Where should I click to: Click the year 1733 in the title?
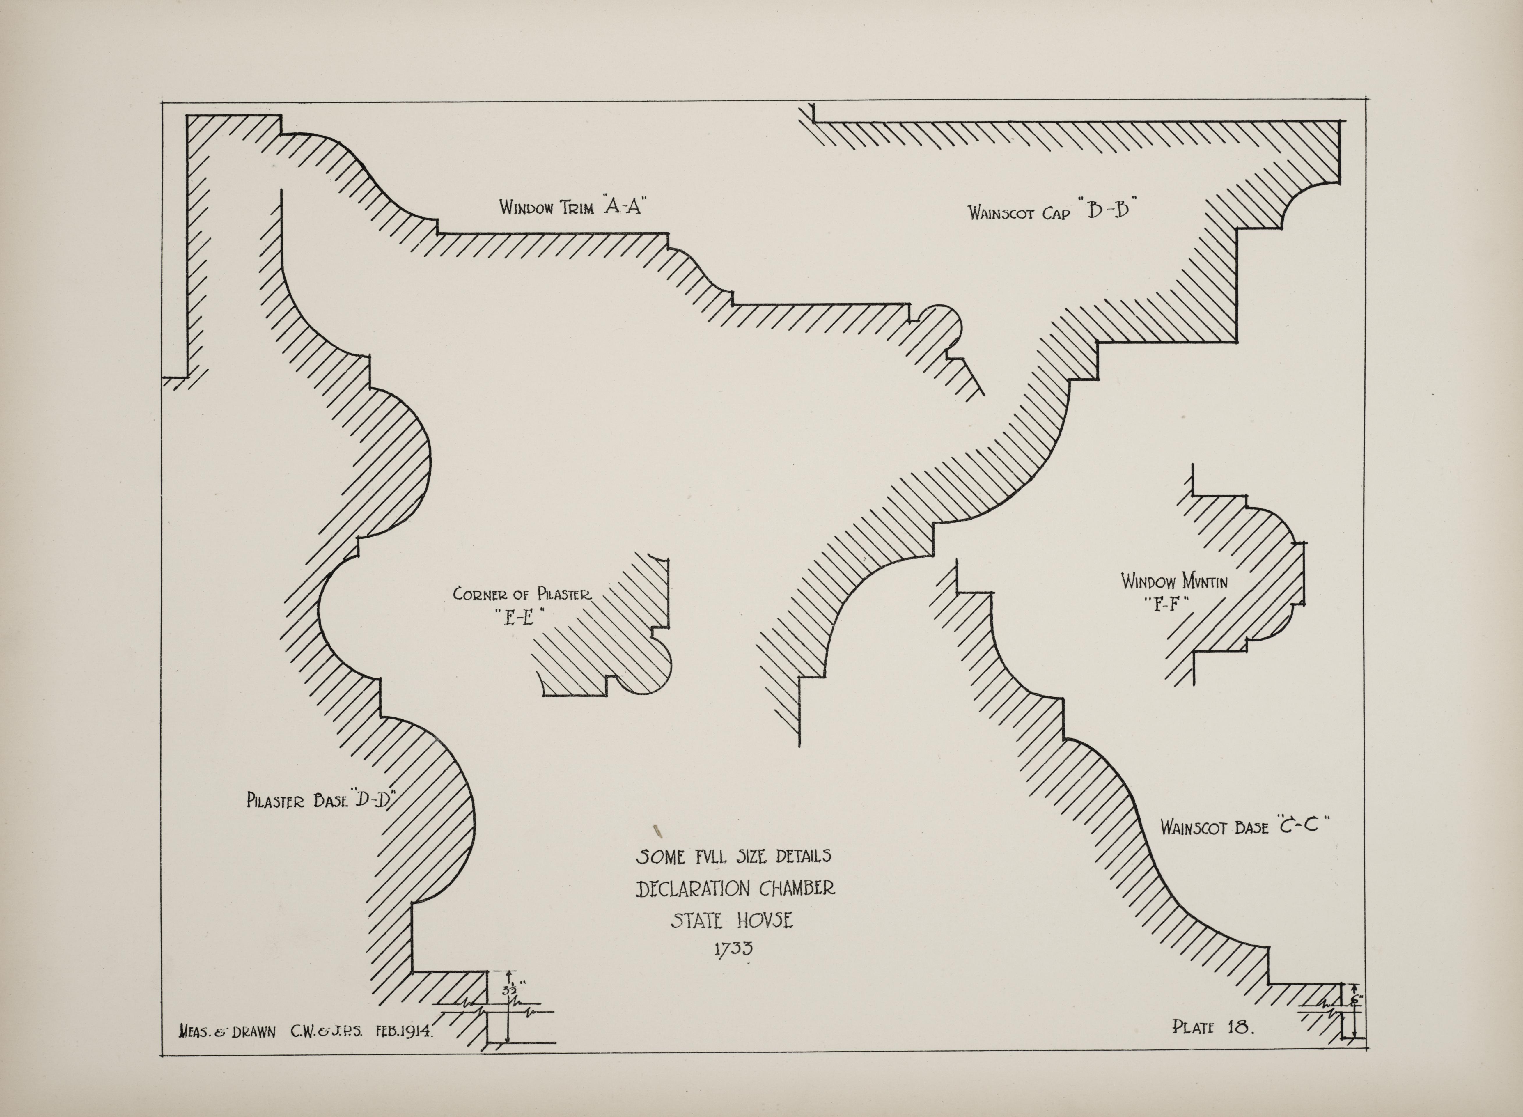click(733, 949)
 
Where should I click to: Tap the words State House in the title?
click(732, 920)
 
